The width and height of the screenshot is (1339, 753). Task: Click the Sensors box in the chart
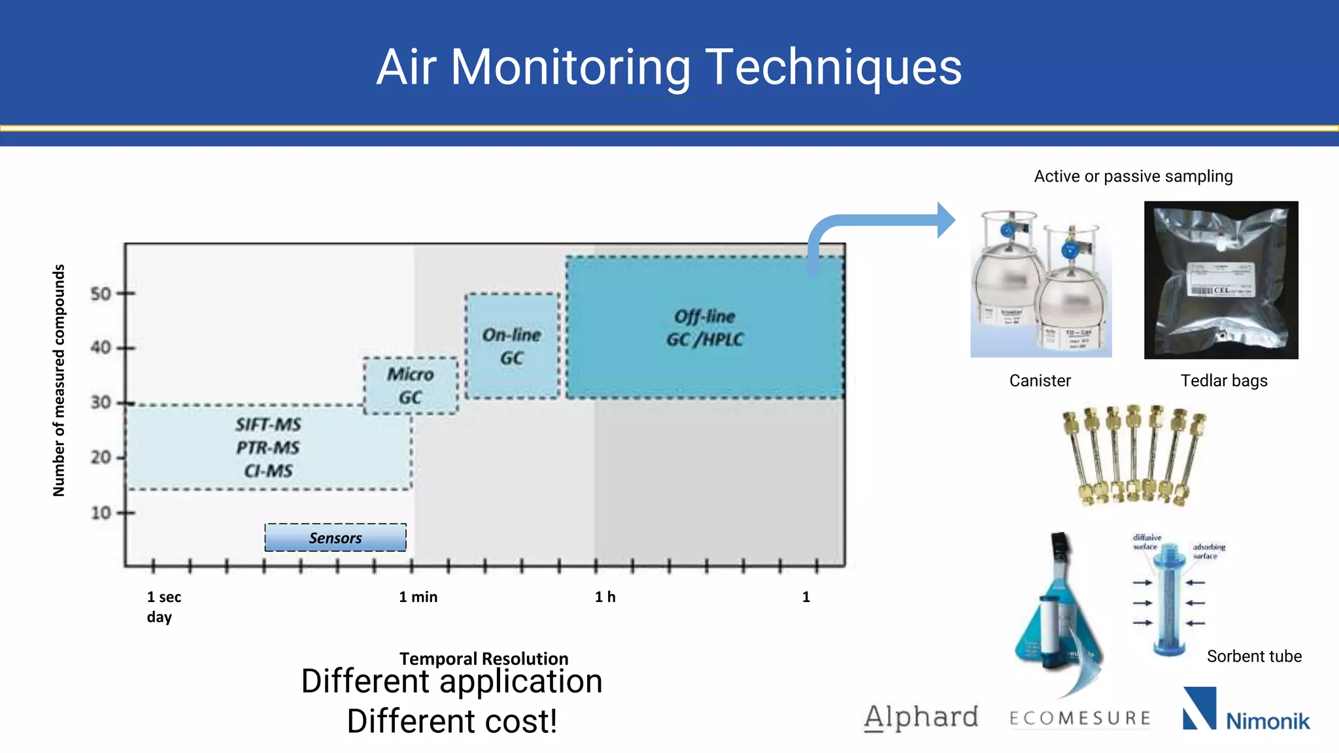point(335,538)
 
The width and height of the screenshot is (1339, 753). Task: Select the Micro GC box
point(411,386)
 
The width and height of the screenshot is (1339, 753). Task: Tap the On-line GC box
point(512,346)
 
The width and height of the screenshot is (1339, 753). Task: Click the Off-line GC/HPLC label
point(705,328)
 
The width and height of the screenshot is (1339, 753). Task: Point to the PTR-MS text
point(268,448)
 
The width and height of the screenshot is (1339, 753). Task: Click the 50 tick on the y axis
point(101,293)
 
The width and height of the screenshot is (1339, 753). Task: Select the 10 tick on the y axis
point(101,512)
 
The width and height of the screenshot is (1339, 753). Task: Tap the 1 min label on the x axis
point(418,597)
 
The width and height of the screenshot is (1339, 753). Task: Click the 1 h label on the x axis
point(605,597)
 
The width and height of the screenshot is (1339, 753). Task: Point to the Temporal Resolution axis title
point(484,658)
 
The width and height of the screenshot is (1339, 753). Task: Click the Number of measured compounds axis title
point(59,380)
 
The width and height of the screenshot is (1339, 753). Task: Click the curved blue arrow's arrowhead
point(945,220)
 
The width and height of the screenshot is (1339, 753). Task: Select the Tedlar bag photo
point(1221,280)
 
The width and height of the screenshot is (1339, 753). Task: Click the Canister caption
point(1040,380)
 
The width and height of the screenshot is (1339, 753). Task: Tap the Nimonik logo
point(1246,711)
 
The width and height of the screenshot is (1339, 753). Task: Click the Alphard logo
point(921,718)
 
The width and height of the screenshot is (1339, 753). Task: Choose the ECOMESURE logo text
point(1080,719)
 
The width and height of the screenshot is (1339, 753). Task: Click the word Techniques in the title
point(833,67)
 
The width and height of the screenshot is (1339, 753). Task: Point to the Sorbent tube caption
point(1254,656)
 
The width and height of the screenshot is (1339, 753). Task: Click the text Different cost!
point(452,722)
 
